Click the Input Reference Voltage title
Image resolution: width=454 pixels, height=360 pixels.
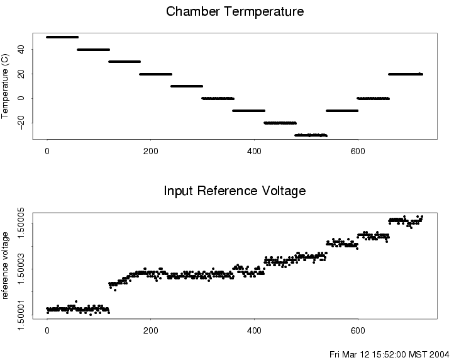pos(235,191)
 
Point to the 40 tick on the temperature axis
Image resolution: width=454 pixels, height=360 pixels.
pos(21,49)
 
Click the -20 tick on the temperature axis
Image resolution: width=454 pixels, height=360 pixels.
pos(21,121)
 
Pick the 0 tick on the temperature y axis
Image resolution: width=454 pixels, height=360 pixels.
pos(21,98)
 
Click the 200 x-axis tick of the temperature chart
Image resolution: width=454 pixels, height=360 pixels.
pos(150,151)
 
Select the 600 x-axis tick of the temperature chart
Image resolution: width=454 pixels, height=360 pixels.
pos(358,151)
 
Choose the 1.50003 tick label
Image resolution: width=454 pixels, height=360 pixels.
pos(21,269)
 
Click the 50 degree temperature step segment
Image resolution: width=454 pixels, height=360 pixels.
pos(62,37)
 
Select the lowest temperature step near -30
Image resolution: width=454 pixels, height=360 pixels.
pos(311,135)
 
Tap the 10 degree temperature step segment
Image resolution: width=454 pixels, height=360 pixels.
pos(187,86)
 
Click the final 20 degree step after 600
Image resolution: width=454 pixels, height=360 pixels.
pos(406,74)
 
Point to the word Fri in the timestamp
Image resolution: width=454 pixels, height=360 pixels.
pos(335,354)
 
